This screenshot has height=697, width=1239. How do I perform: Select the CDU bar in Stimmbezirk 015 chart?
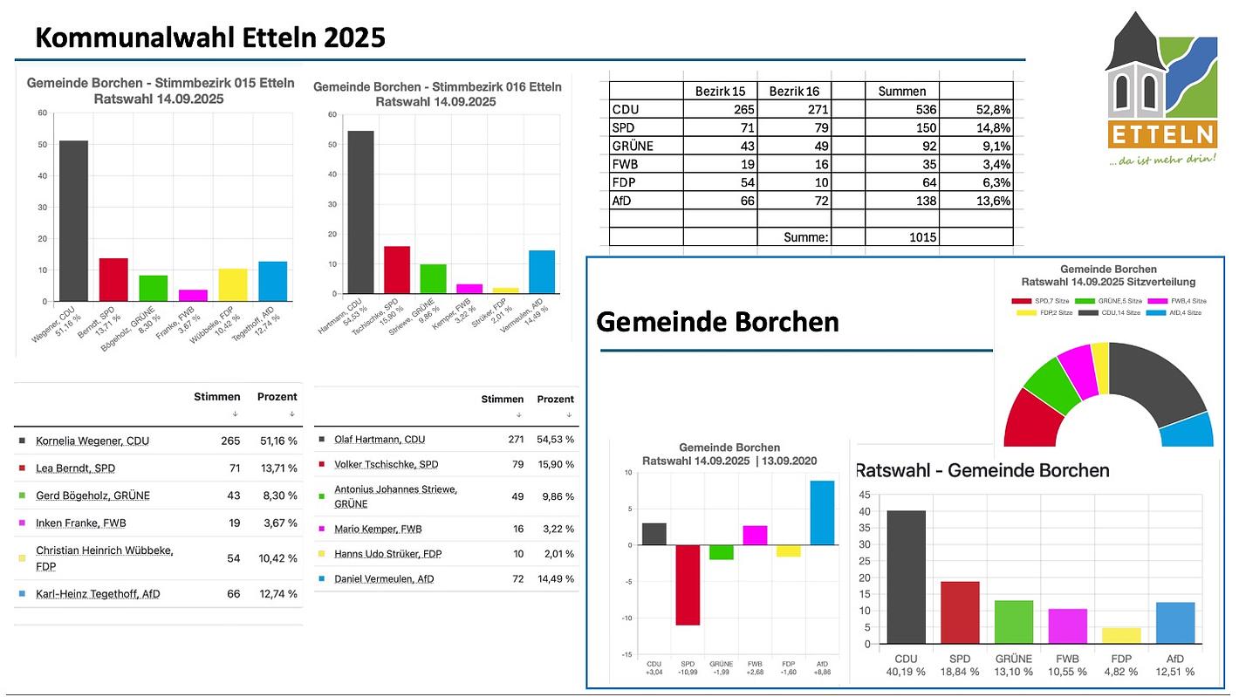click(x=73, y=221)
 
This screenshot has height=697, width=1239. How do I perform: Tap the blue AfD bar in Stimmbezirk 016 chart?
click(x=542, y=271)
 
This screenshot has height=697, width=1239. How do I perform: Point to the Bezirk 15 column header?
click(x=720, y=91)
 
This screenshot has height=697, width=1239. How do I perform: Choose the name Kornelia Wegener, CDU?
click(x=92, y=441)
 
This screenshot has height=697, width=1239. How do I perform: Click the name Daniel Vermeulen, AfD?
click(x=384, y=578)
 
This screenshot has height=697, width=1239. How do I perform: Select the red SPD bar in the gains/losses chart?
click(x=688, y=584)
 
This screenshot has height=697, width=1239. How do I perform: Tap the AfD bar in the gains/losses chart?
click(x=821, y=513)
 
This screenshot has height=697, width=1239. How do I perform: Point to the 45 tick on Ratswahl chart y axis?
click(x=865, y=494)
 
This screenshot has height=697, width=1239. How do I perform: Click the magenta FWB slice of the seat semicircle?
click(x=1075, y=369)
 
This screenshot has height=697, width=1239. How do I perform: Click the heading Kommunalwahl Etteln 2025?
click(x=210, y=38)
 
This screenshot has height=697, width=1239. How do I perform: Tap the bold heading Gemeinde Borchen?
click(x=717, y=322)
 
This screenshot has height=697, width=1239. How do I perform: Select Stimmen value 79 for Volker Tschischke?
click(x=516, y=464)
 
